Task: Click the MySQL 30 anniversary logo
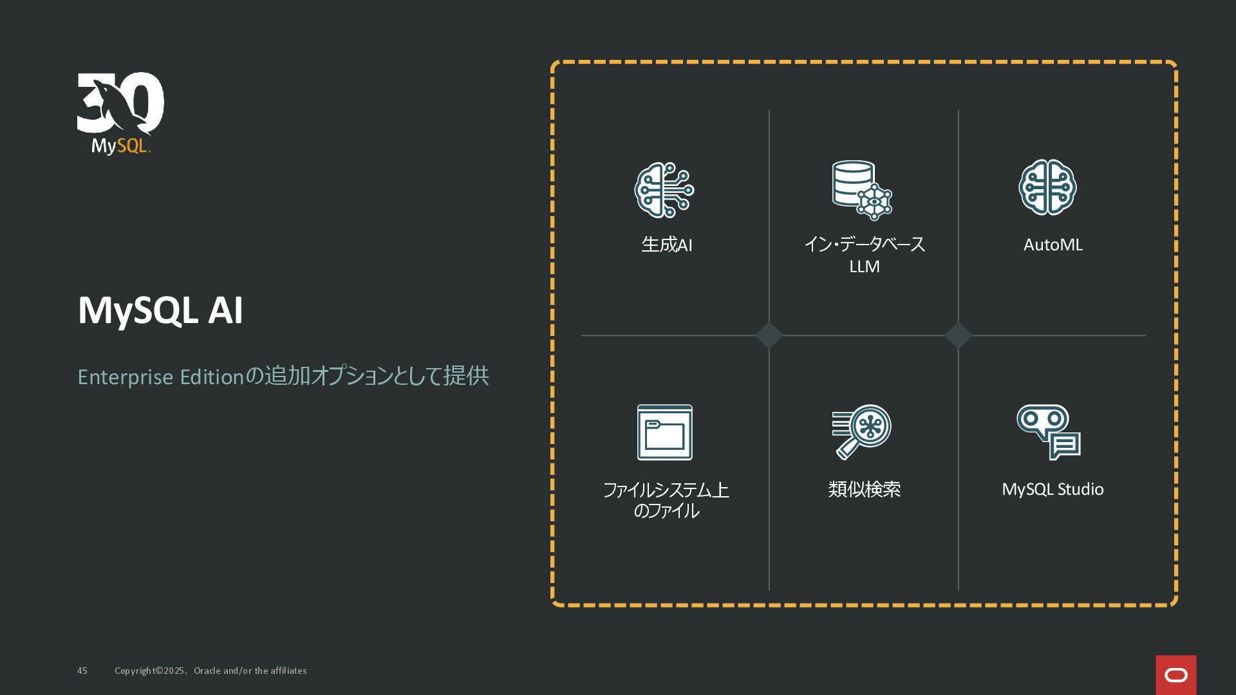coord(120,113)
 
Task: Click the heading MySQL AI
coord(160,311)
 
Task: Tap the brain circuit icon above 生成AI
coord(664,190)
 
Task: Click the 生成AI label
coord(666,245)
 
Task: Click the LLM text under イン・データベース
coord(864,266)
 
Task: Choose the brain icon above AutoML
coord(1047,187)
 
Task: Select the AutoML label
coord(1053,245)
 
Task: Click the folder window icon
coord(664,432)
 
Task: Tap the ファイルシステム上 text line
coord(666,490)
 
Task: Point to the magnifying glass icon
coord(861,432)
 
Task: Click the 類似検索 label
coord(864,490)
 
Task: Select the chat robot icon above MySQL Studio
coord(1048,432)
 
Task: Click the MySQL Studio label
coord(1053,490)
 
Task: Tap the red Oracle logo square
coord(1175,674)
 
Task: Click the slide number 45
coord(82,671)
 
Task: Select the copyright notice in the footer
coord(211,671)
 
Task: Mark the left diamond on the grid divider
coord(769,335)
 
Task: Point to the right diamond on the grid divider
coord(958,335)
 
